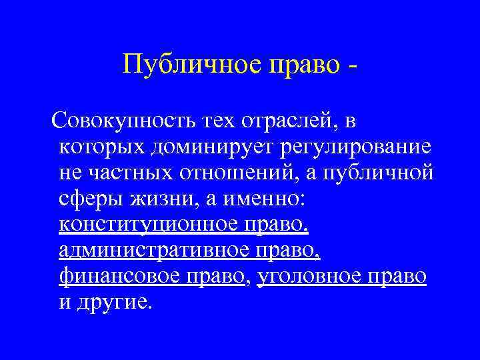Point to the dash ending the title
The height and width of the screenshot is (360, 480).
(351, 66)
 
